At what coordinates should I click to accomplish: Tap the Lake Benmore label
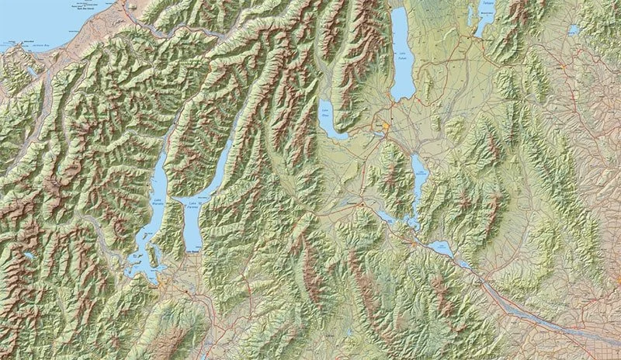point(419,175)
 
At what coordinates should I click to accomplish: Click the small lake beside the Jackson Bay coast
point(31,70)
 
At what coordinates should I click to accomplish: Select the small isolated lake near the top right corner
point(574,30)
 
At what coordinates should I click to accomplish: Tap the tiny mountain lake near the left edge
point(29,254)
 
